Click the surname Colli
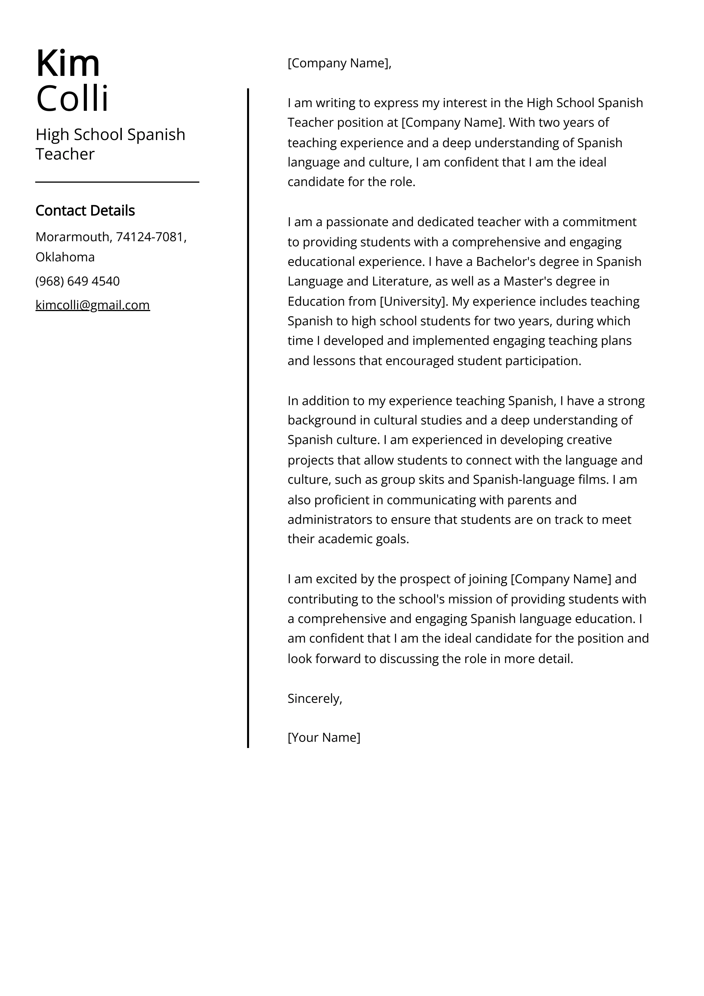coord(72,99)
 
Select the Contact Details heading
coord(85,211)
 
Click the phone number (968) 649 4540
coord(77,282)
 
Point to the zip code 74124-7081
coord(151,237)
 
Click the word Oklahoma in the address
coord(65,257)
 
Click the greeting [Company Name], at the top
coord(339,63)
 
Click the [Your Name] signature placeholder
coord(323,737)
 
